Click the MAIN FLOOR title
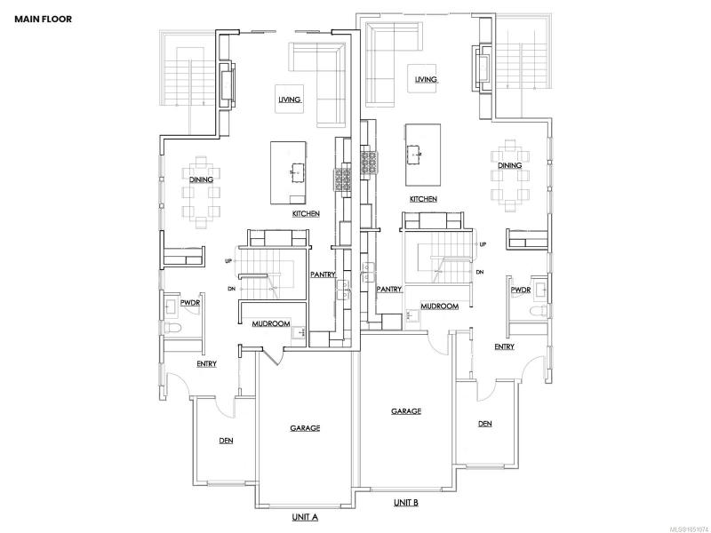[43, 19]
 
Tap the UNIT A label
[305, 517]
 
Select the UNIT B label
[406, 502]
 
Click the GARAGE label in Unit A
[305, 428]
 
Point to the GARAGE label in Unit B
[406, 411]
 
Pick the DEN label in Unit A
[227, 440]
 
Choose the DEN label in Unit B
[484, 424]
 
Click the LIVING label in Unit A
[290, 99]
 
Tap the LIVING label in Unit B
[426, 79]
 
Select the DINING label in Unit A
[202, 179]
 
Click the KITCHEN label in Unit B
[424, 198]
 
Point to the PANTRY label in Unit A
[323, 274]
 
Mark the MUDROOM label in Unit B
[439, 306]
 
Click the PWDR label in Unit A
[190, 302]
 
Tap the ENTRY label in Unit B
[504, 346]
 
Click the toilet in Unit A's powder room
[172, 327]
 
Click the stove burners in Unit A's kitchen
[343, 179]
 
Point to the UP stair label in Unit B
[483, 244]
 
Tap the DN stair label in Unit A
[232, 289]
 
